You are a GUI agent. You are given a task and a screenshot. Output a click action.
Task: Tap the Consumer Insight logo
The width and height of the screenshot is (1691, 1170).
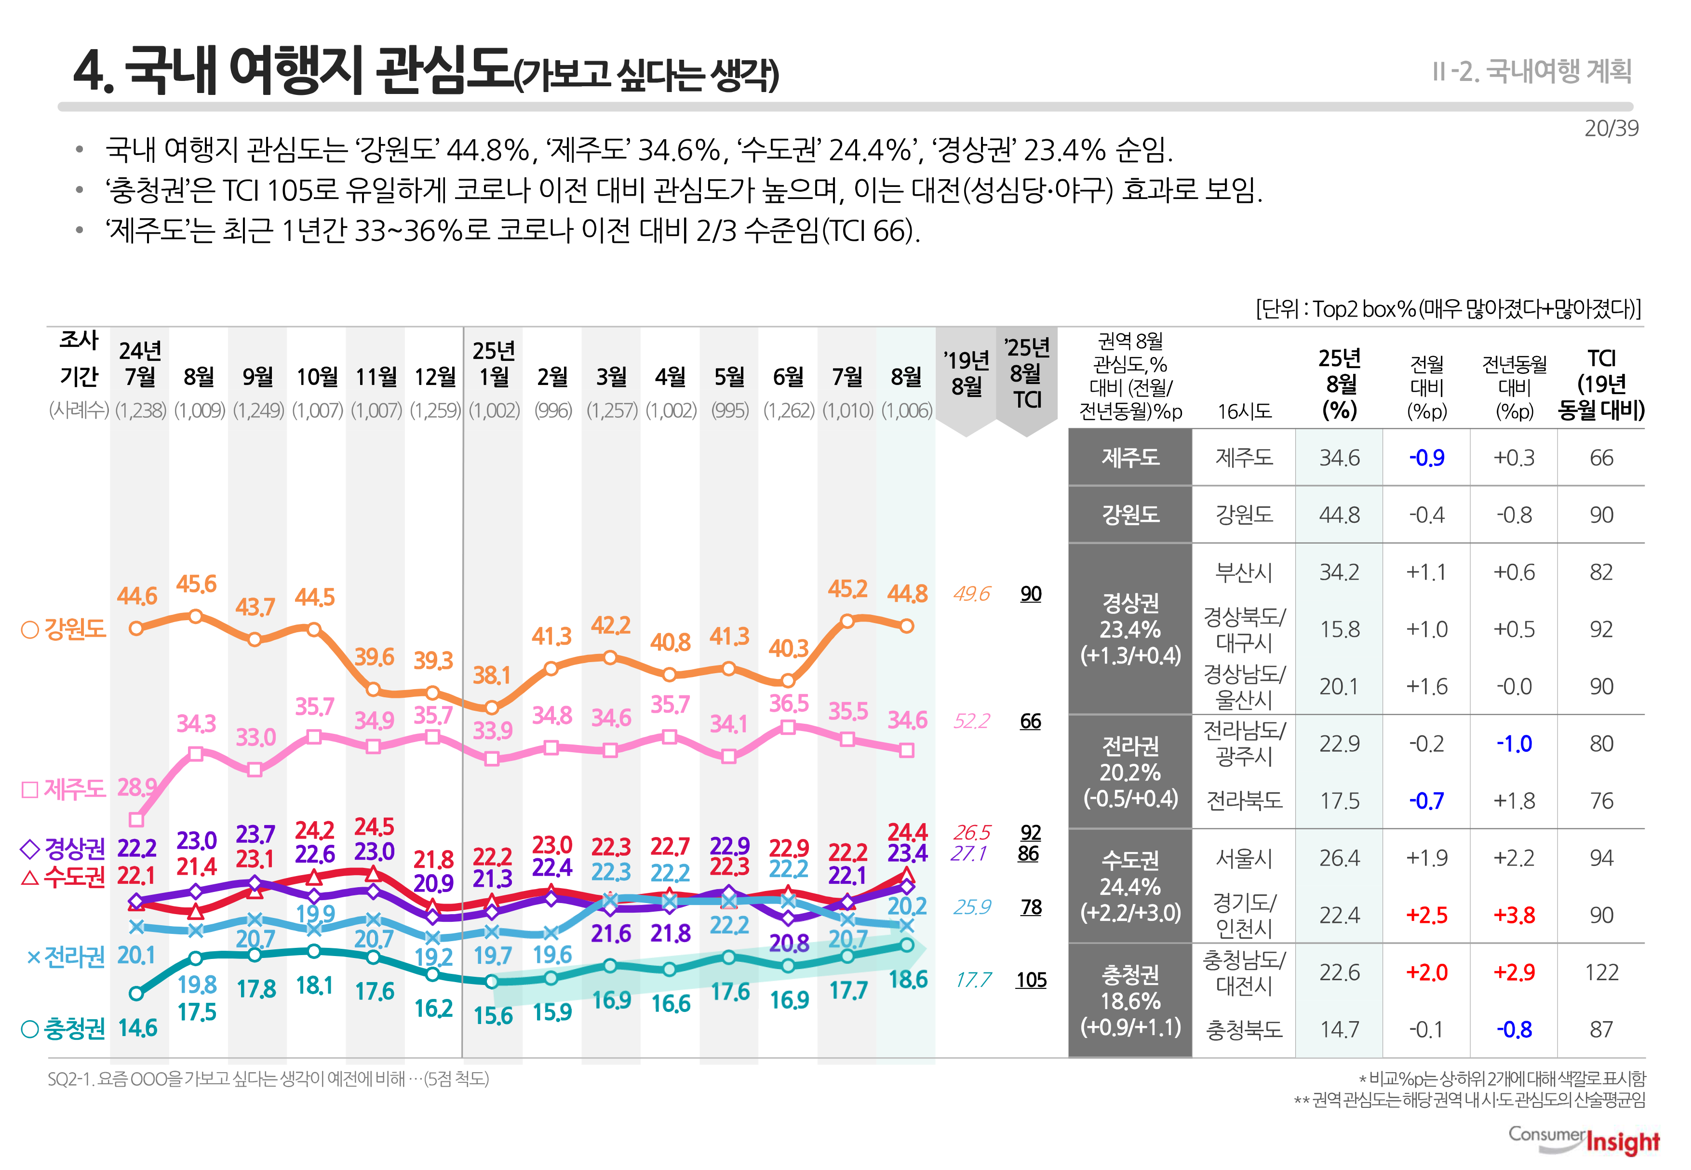tap(1584, 1140)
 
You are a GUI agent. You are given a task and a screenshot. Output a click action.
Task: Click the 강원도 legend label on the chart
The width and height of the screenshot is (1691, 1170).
tap(65, 629)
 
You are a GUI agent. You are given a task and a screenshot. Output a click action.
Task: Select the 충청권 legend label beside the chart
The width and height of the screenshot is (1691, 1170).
tap(65, 1028)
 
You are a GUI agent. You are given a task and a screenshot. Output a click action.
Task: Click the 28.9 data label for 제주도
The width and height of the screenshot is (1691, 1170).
tap(136, 787)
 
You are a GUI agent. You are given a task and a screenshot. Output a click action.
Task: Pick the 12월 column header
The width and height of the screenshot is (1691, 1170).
tap(435, 377)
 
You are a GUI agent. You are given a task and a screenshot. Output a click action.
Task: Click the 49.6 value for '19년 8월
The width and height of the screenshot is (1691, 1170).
tap(972, 594)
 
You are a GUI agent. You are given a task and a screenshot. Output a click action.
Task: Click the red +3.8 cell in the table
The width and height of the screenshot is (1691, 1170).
tap(1514, 915)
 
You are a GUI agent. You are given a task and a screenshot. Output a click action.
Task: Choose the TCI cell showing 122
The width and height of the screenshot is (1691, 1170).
tap(1601, 972)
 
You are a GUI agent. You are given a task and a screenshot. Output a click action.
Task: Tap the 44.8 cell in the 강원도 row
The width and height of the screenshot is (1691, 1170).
tap(1339, 515)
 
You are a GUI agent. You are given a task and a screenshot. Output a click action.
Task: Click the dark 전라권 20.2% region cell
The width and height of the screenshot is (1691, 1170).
tap(1130, 772)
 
